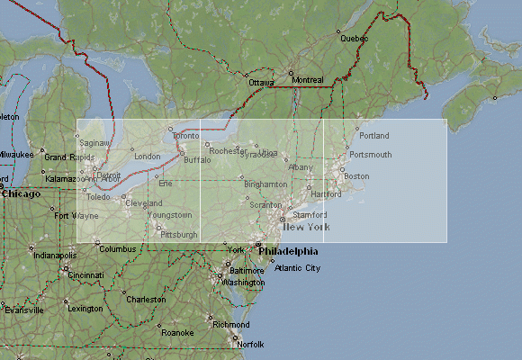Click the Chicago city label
[x=21, y=193]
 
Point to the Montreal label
[x=308, y=79]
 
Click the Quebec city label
[x=354, y=39]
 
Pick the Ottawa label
[x=261, y=83]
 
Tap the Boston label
[x=356, y=176]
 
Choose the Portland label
[x=373, y=136]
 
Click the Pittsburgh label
[x=178, y=234]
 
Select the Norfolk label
[x=250, y=345]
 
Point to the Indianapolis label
[x=55, y=256]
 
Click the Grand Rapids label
[x=69, y=157]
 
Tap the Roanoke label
[x=177, y=332]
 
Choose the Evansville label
[x=24, y=310]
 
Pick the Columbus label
[x=117, y=249]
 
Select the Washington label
[x=243, y=283]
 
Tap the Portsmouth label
[x=370, y=155]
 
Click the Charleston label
[x=146, y=300]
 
